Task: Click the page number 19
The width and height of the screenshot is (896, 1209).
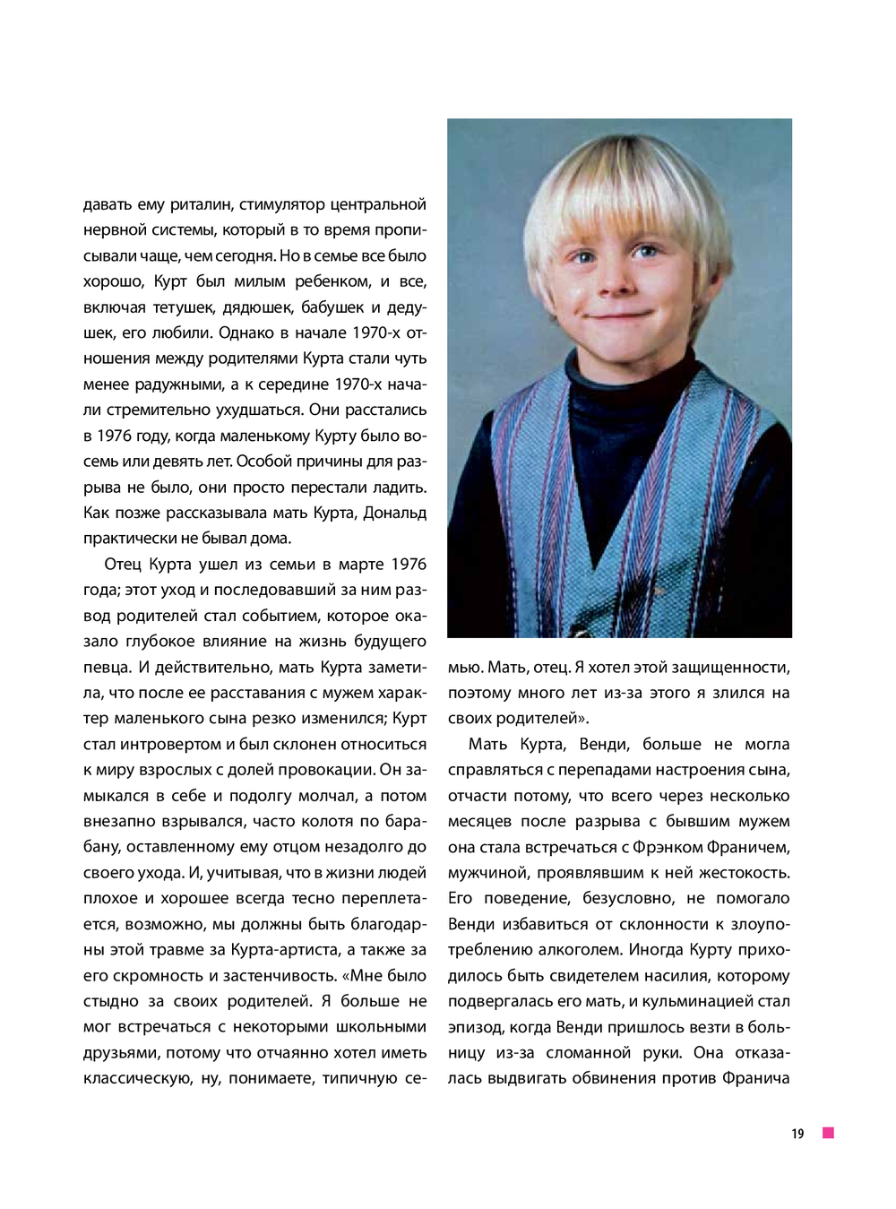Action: [797, 1135]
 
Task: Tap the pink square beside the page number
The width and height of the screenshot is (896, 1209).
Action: [829, 1134]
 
